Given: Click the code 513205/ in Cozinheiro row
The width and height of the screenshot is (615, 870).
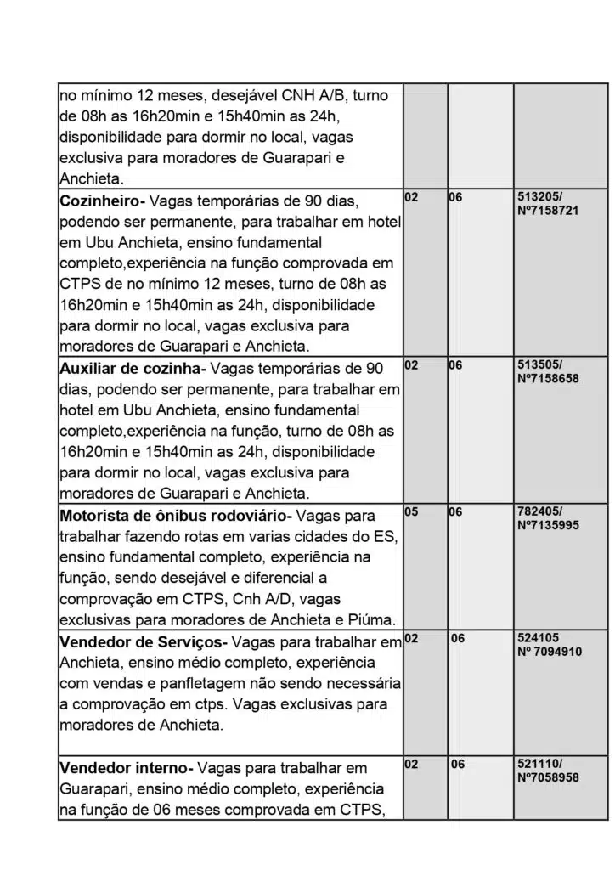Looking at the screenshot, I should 539,196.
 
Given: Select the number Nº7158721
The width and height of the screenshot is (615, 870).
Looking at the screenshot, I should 548,210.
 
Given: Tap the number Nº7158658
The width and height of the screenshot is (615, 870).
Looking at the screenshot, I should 548,378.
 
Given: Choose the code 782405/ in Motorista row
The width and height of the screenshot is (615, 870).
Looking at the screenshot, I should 539,511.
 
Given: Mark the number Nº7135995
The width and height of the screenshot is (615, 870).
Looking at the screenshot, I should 548,525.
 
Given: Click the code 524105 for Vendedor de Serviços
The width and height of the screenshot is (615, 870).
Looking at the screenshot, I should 538,637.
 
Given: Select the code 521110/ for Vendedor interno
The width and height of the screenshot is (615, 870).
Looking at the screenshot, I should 539,764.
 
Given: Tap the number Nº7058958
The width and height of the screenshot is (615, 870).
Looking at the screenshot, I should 548,777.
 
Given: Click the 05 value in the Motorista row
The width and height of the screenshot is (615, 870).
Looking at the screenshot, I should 411,511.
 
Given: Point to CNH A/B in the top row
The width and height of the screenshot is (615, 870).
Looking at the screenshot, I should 336,96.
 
